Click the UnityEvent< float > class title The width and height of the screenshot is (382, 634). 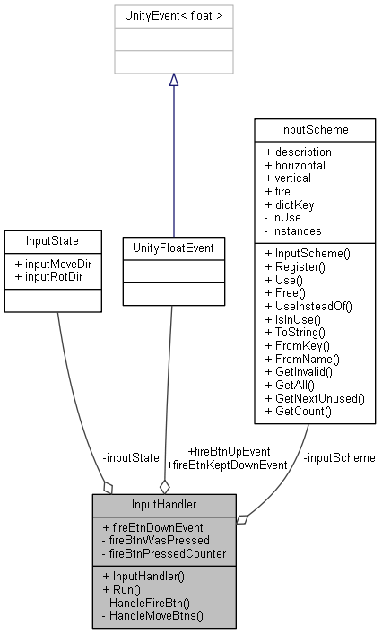(x=173, y=15)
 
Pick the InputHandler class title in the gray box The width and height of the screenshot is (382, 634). (x=164, y=506)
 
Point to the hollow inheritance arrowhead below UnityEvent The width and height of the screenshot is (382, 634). (x=173, y=80)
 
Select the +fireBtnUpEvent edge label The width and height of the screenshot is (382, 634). (x=230, y=451)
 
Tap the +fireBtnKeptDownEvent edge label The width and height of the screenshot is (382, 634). (x=227, y=465)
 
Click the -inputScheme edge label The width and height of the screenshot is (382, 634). (x=339, y=457)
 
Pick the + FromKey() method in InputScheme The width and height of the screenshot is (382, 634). (x=298, y=345)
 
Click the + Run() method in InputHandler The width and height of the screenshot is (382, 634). (x=122, y=589)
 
